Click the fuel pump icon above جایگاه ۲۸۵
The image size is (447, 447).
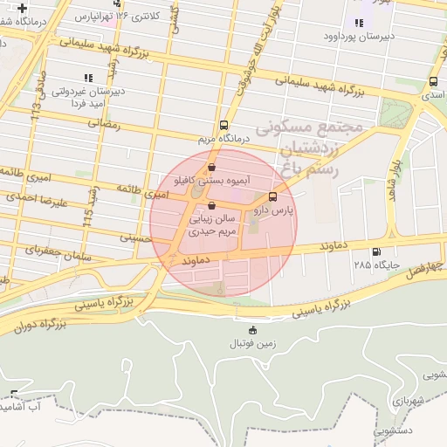(x=376, y=252)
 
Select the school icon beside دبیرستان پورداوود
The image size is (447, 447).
(x=358, y=23)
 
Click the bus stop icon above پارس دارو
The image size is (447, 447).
(x=273, y=196)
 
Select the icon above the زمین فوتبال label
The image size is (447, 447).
(x=253, y=330)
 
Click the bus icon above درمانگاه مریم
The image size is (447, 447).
(x=223, y=125)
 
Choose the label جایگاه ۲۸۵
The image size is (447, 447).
(x=375, y=264)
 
